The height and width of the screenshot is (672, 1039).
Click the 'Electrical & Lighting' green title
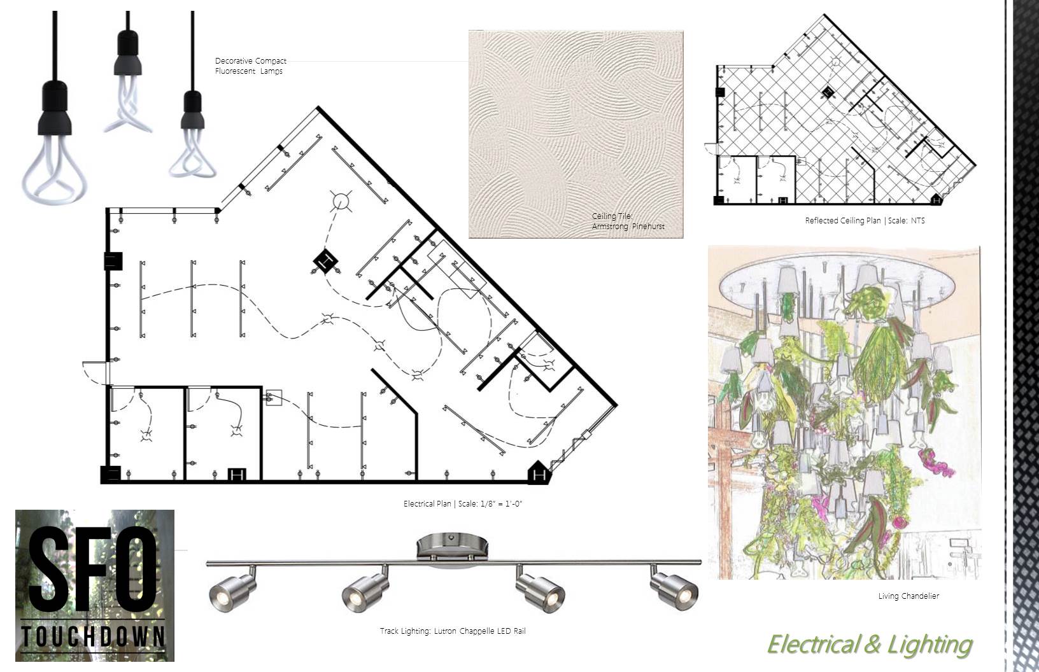tap(870, 645)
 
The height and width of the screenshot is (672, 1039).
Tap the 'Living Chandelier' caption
tap(908, 596)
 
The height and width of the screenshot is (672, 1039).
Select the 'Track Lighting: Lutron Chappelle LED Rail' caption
tap(453, 631)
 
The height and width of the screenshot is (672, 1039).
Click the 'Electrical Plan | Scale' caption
tap(462, 503)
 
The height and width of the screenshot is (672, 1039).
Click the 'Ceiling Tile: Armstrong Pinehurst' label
tap(628, 221)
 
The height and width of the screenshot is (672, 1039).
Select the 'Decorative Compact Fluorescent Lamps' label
tap(250, 66)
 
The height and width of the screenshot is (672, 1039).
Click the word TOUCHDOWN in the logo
tap(93, 636)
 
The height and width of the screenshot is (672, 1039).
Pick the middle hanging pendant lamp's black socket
tap(127, 53)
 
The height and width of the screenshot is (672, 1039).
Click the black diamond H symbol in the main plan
tap(325, 262)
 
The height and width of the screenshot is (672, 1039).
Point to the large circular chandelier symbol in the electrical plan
tap(341, 202)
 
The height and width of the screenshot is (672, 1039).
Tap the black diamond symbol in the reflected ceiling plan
tap(827, 92)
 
